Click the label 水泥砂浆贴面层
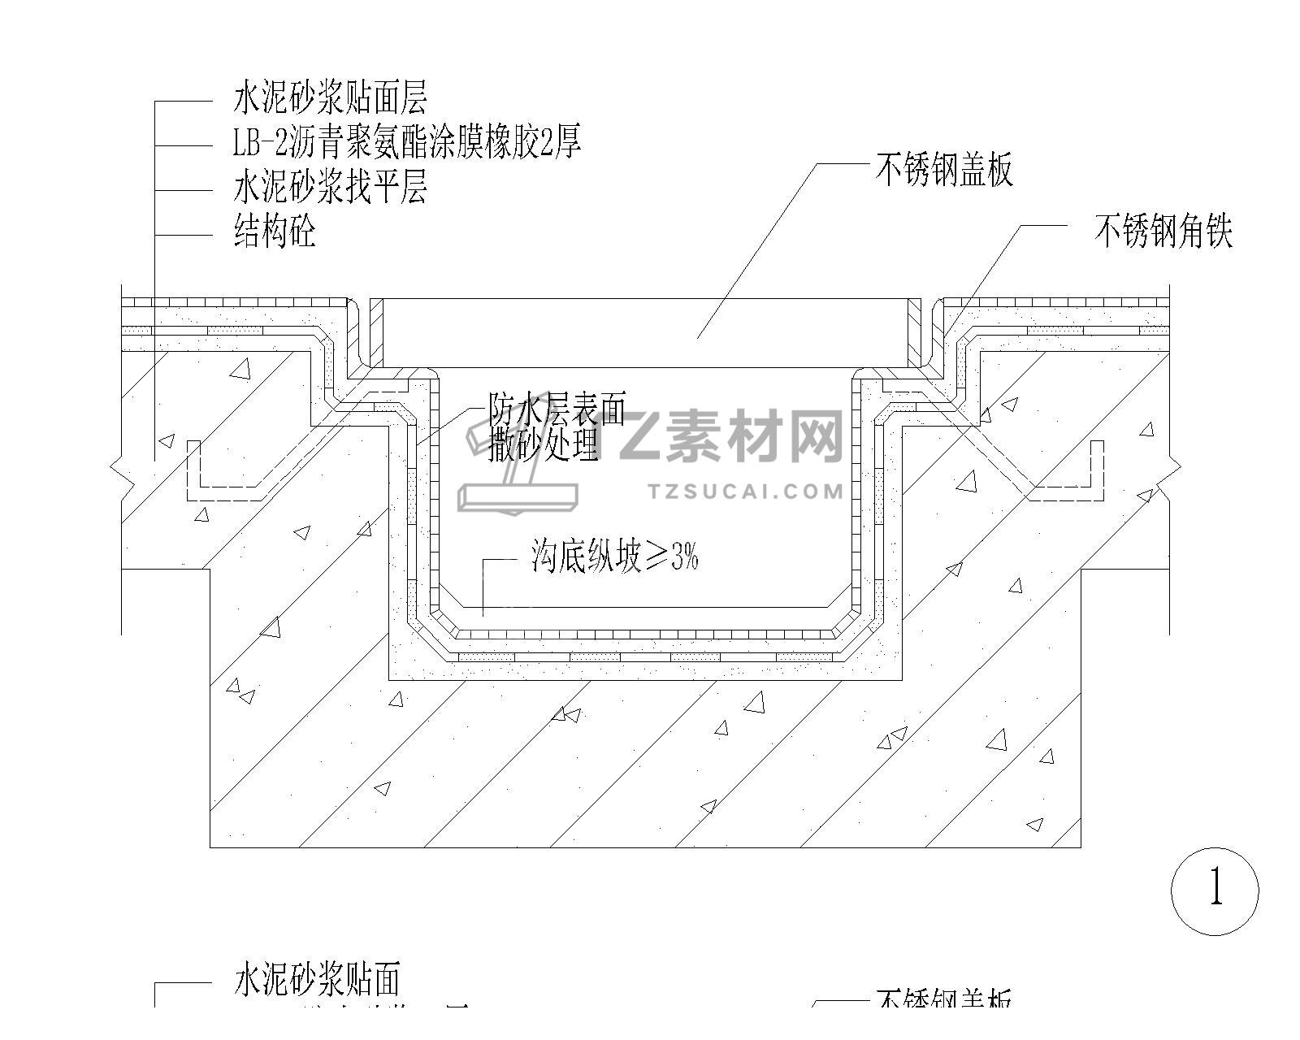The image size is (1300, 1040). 330,97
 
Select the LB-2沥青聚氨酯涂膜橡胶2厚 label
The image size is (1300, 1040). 407,143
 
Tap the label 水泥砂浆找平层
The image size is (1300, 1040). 330,188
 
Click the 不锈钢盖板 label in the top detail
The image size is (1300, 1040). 944,171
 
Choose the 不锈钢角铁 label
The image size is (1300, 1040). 1163,232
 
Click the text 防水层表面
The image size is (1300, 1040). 557,410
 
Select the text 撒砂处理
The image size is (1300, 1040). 544,444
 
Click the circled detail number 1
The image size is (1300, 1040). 1215,890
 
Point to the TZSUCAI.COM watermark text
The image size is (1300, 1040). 747,492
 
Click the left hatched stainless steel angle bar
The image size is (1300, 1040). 376,333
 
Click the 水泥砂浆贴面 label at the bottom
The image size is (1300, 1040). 317,980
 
